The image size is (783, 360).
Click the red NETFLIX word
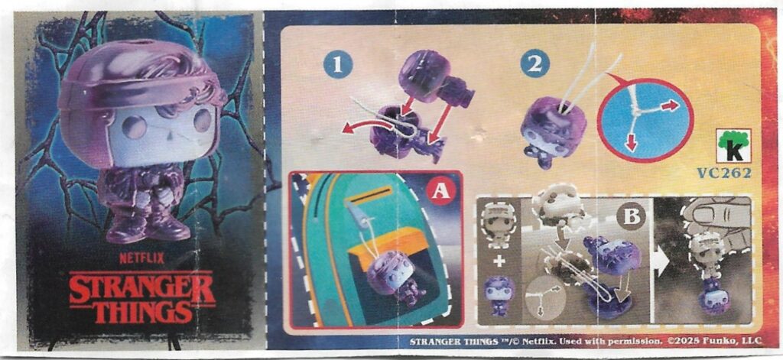(x=141, y=258)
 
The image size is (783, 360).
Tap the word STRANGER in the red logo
(x=142, y=289)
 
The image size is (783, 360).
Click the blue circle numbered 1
(x=338, y=65)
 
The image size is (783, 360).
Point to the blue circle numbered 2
(x=534, y=63)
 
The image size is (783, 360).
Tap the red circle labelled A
(x=441, y=190)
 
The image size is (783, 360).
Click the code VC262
(x=725, y=173)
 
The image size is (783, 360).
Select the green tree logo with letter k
(x=734, y=146)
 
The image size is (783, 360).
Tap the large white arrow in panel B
(x=662, y=263)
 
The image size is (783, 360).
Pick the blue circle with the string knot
(x=645, y=121)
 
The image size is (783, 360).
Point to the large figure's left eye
(x=135, y=127)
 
